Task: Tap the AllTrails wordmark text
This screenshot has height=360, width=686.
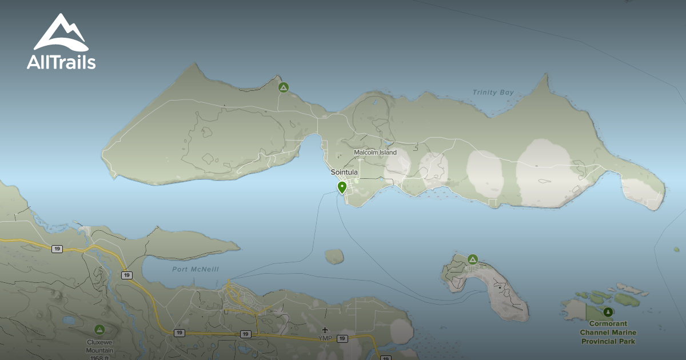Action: (x=61, y=62)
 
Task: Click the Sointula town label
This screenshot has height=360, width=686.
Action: (x=344, y=172)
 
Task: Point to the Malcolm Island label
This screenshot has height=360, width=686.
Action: (x=375, y=153)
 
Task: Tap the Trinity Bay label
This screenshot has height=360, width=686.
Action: (x=493, y=92)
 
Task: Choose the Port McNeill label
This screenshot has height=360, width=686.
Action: (x=196, y=270)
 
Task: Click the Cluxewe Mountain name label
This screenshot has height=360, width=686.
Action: (x=100, y=346)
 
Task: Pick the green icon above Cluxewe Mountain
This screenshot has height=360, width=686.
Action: (x=99, y=330)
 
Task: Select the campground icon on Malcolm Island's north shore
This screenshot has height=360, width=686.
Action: (x=283, y=87)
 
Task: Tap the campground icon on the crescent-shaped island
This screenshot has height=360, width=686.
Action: (x=472, y=259)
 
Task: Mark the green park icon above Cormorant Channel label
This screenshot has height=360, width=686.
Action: (x=608, y=312)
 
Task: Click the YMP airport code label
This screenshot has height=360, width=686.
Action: (x=325, y=338)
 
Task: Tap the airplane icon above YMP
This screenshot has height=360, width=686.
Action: (x=325, y=330)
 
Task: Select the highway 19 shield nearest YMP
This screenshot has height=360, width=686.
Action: (x=342, y=339)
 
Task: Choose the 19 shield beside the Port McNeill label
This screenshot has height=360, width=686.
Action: (x=126, y=275)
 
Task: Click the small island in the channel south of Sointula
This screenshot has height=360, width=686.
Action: (x=334, y=255)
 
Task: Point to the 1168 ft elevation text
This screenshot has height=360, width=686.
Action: (x=100, y=357)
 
